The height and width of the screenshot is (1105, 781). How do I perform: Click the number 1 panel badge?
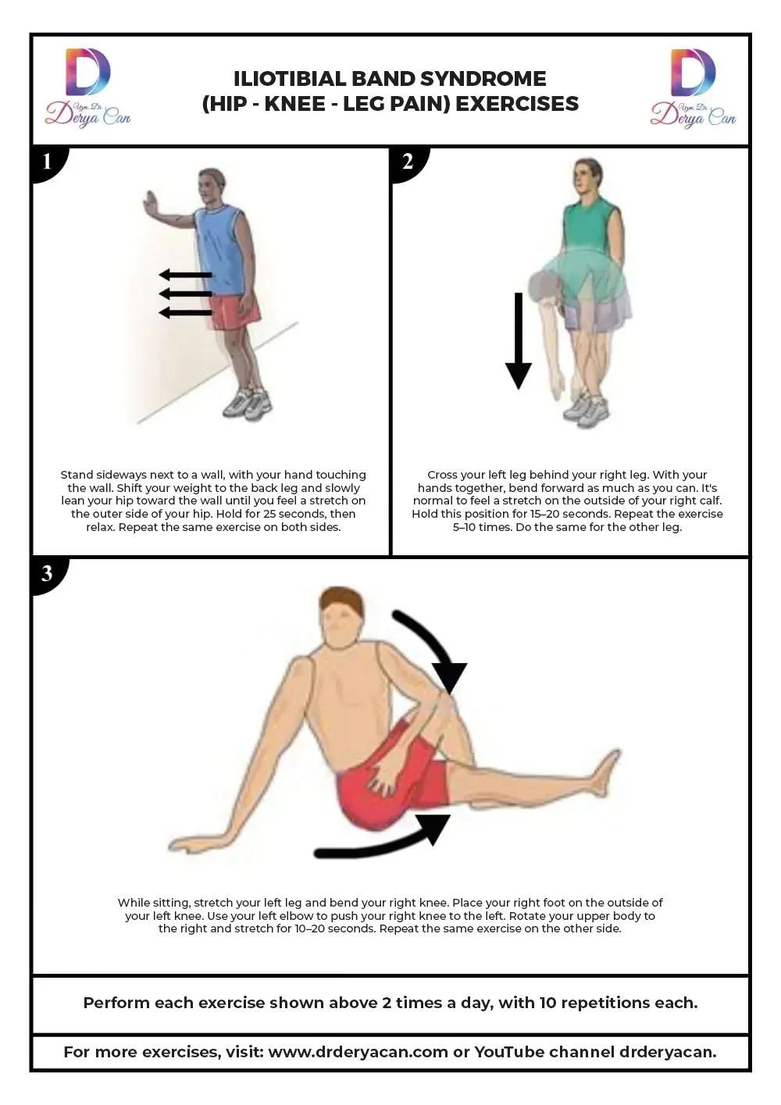[x=48, y=162]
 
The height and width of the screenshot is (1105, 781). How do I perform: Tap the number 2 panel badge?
[x=408, y=162]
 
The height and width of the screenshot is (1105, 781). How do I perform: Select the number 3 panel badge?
[x=48, y=575]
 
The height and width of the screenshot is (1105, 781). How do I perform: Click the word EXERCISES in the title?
[x=517, y=104]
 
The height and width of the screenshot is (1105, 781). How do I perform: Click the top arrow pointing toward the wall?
[x=186, y=275]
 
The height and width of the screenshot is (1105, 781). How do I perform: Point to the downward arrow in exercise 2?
[x=519, y=341]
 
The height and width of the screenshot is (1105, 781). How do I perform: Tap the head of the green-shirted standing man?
[x=587, y=176]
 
